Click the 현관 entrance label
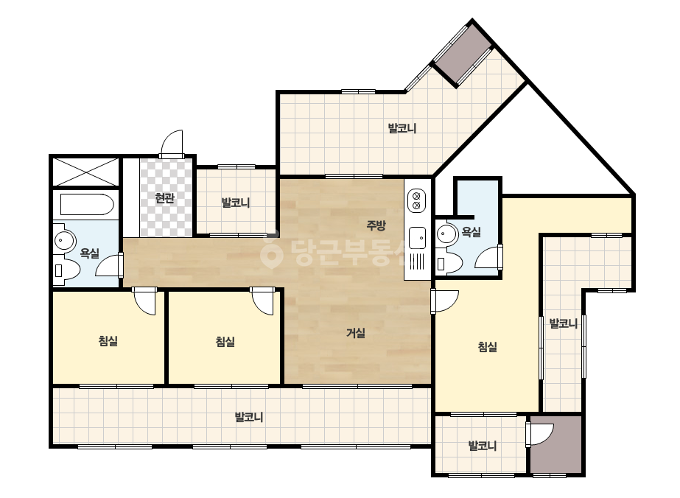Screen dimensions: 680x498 (x=165, y=198)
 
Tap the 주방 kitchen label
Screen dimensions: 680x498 (x=376, y=225)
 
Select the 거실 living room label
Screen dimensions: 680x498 (x=356, y=333)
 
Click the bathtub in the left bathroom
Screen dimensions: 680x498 (x=87, y=204)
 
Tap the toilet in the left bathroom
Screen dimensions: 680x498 (x=66, y=270)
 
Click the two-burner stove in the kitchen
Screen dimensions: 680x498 (x=416, y=201)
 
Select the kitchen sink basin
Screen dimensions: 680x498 (x=417, y=238)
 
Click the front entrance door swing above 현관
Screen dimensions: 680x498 (x=172, y=143)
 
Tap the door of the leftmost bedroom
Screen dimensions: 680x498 (x=144, y=301)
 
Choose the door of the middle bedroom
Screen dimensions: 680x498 (x=263, y=301)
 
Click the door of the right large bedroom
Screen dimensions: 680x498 (x=444, y=301)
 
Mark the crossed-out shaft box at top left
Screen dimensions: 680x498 (x=85, y=172)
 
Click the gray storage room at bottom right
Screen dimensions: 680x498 (x=555, y=444)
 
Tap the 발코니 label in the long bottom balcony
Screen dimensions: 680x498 (x=249, y=417)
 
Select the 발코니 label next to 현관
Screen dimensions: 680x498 (x=236, y=203)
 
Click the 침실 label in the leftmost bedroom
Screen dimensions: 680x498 (x=108, y=341)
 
